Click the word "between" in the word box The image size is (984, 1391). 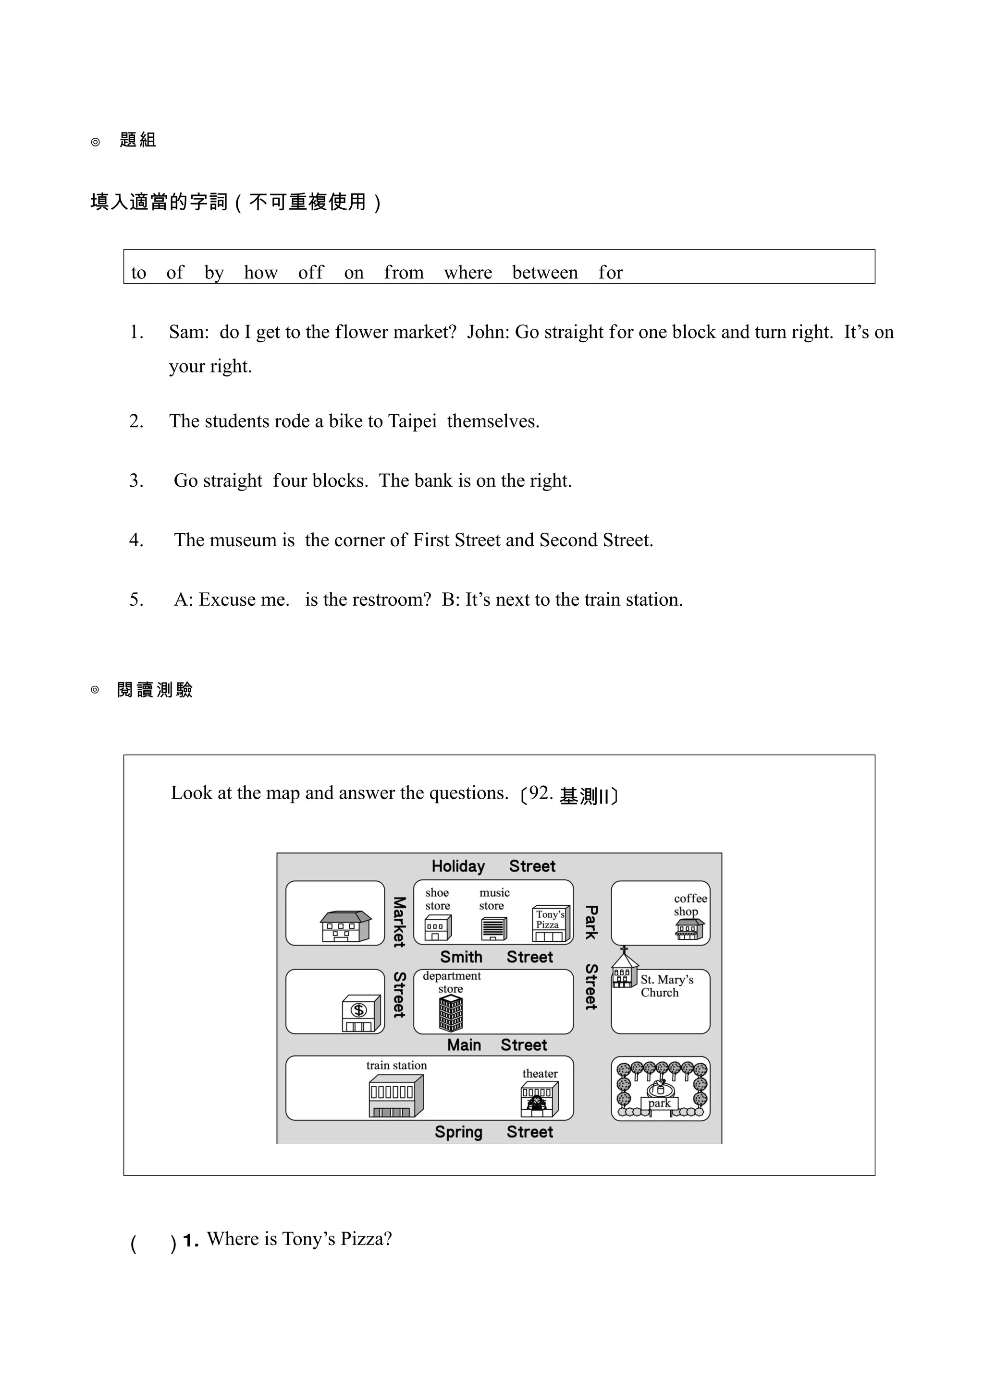[x=544, y=273]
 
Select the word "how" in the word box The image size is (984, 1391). [x=261, y=273]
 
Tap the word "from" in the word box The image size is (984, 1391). [x=404, y=273]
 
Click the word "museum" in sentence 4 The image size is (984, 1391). [x=243, y=540]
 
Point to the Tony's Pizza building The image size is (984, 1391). [x=551, y=924]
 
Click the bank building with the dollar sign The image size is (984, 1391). [x=361, y=1013]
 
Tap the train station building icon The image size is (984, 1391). [x=396, y=1096]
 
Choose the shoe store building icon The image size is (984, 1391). [x=437, y=927]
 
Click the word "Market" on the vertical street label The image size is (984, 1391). [x=399, y=922]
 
